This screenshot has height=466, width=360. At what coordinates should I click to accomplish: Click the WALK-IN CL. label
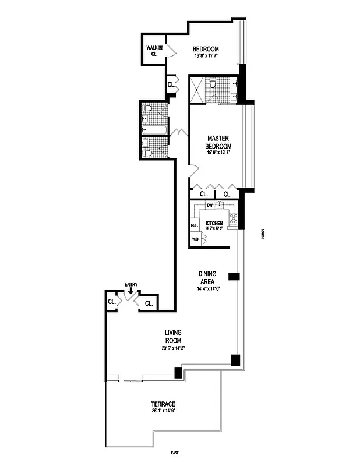tap(154, 50)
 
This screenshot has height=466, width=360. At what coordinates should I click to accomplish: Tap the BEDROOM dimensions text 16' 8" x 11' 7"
tap(206, 57)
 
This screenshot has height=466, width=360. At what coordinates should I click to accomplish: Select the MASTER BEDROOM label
tap(220, 142)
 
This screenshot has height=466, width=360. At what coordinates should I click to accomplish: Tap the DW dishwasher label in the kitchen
tap(210, 206)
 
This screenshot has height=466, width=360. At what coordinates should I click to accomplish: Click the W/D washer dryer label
tap(195, 239)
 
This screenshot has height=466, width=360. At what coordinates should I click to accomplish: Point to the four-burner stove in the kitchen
tap(234, 219)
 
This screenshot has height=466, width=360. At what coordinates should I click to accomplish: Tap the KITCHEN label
tap(214, 224)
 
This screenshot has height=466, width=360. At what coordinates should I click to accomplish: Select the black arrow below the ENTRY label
tap(131, 291)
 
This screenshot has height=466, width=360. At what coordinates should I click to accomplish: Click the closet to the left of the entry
tap(111, 302)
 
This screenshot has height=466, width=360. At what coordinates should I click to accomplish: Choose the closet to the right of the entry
tap(149, 303)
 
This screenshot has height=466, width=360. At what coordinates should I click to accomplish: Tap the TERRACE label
tap(163, 404)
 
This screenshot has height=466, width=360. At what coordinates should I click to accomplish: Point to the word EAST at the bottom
tap(174, 453)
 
